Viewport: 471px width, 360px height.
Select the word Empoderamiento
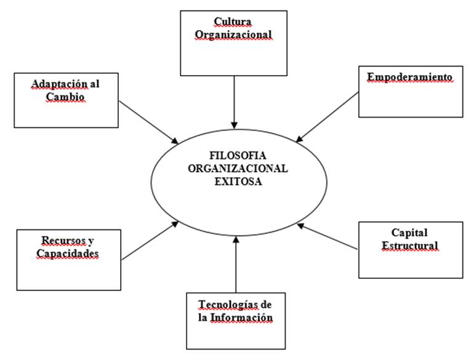[409, 77]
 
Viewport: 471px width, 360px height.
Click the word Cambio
[64, 98]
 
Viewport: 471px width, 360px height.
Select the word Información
[241, 318]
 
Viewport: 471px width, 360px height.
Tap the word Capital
[409, 233]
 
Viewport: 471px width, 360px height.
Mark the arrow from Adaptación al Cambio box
[148, 121]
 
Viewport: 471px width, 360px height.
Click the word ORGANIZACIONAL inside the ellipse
[235, 167]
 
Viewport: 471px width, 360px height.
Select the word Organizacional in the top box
[234, 35]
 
